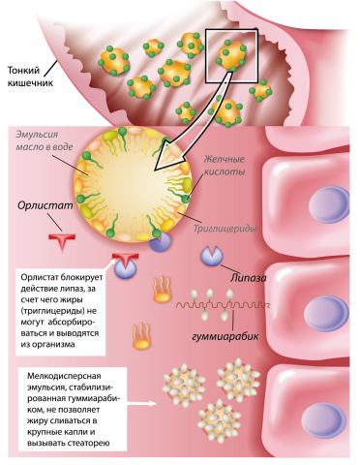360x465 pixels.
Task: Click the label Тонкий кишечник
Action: click(x=30, y=77)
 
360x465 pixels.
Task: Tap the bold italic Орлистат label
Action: click(x=45, y=205)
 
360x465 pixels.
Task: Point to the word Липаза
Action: click(x=249, y=277)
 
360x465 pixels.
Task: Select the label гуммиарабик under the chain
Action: click(x=225, y=336)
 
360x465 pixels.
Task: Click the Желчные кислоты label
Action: click(x=225, y=165)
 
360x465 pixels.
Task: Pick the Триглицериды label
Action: click(x=225, y=229)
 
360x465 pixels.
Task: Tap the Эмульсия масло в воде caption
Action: click(x=45, y=140)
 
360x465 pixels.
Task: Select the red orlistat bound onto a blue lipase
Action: click(x=126, y=259)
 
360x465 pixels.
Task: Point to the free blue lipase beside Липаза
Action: click(x=212, y=256)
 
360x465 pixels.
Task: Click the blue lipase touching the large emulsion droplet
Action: click(x=161, y=242)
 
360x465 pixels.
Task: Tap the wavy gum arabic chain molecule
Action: click(x=223, y=305)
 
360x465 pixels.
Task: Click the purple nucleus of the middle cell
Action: click(x=329, y=312)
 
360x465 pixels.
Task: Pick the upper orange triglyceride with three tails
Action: click(x=162, y=289)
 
